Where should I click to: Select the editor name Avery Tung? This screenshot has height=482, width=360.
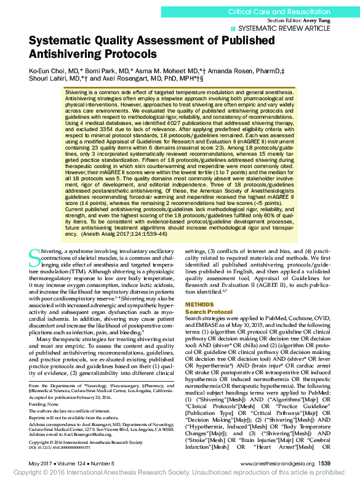click(x=316, y=20)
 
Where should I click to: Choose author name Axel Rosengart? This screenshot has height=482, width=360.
click(x=121, y=79)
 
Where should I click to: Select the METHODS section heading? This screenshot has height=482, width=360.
click(x=199, y=305)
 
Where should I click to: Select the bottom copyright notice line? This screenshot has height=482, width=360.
click(x=180, y=475)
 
